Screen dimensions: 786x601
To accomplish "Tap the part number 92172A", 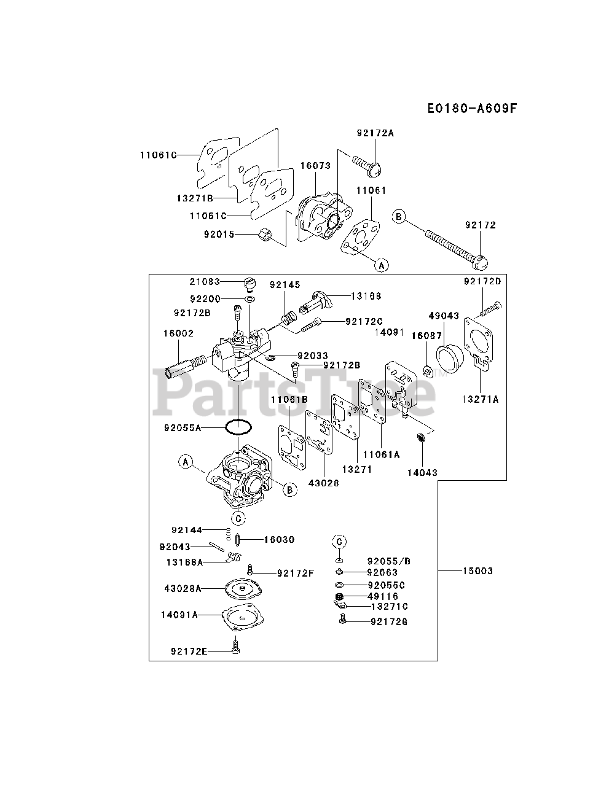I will coord(374,132).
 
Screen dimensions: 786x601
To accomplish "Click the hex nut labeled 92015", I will coord(266,234).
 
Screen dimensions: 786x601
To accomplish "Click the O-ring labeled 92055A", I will coord(238,427).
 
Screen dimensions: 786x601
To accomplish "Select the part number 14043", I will coord(422,473).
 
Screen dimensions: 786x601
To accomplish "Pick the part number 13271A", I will coord(481,399).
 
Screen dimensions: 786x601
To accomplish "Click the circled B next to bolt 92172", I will coord(399,216).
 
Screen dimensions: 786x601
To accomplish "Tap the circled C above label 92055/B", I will coord(339,541).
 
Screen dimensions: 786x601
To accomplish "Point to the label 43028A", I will coord(183,588).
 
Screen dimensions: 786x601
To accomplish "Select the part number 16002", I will coord(178,333).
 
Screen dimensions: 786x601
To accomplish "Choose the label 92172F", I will coord(295,573).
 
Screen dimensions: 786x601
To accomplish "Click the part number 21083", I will coord(205,281).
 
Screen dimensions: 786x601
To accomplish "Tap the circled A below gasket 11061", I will coord(382,265).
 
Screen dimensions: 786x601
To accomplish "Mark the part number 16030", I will coord(279,540).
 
